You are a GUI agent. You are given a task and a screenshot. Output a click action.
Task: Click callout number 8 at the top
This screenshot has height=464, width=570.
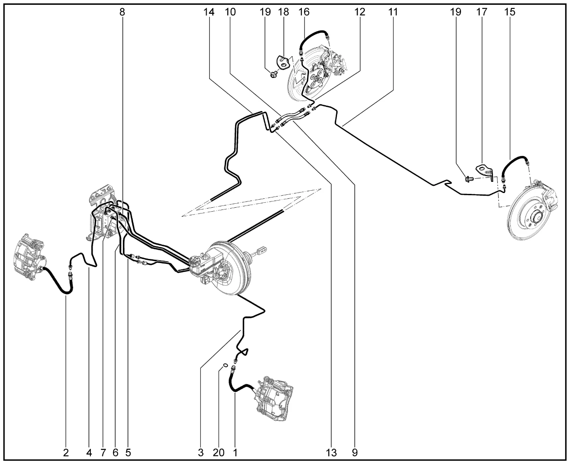122,12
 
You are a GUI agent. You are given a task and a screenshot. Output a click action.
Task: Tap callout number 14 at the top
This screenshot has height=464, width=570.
209,12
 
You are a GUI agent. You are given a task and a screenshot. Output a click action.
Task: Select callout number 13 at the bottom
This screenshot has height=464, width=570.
331,452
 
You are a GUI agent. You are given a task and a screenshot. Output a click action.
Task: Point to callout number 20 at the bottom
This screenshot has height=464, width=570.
219,452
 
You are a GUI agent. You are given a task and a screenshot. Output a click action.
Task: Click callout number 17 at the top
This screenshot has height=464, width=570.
482,12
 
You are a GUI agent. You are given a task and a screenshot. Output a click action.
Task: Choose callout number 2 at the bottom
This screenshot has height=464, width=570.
66,452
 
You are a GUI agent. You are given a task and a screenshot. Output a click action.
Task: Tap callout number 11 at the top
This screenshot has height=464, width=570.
393,12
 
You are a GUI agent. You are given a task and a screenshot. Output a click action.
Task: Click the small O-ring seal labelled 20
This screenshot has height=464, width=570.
225,365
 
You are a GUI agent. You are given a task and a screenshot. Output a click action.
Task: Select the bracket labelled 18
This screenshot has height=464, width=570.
283,62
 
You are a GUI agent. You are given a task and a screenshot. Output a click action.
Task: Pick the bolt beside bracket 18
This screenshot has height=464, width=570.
273,74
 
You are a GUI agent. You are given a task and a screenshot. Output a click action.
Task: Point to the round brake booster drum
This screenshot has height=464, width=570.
231,268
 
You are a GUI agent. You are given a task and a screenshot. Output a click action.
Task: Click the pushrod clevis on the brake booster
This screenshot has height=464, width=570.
262,251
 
